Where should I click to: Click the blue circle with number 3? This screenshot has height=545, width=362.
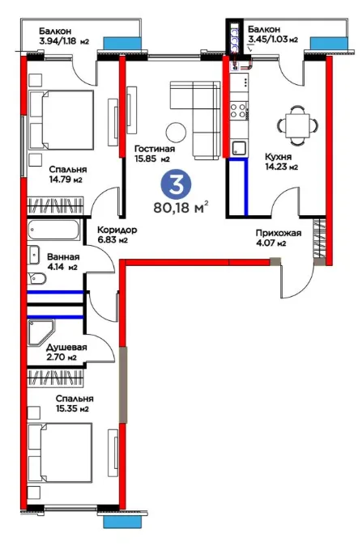176,184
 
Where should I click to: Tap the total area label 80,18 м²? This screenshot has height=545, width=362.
181,208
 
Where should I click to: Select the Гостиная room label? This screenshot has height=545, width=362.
155,154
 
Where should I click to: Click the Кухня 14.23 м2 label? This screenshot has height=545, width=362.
282,162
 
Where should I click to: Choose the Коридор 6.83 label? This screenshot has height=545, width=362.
117,234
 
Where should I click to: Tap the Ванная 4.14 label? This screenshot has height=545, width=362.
63,262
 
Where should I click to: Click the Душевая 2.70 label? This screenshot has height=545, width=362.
66,352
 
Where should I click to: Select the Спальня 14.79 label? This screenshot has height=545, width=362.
67,175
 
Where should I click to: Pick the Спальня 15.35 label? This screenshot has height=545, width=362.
75,403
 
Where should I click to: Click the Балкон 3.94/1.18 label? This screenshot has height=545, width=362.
64,36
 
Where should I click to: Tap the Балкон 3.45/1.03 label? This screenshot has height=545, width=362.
273,35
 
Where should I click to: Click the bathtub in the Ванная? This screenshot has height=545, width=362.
53,230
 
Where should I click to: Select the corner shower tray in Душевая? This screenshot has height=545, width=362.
40,332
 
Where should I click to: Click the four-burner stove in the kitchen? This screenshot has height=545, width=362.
238,111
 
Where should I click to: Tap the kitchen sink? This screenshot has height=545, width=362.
239,147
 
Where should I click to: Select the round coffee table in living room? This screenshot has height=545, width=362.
176,133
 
